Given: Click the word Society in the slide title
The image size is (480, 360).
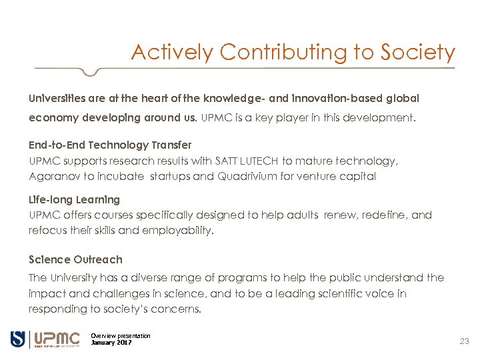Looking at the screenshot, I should pos(417,52).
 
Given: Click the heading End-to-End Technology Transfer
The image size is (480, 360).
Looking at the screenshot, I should pos(110,145).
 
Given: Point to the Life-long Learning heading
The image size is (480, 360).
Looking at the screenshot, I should pos(74,199).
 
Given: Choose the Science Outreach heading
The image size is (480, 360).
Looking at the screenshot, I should pos(75,259).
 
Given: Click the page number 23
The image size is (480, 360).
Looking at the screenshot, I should pos(464,341).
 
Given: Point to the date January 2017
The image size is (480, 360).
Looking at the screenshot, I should pos(111,343).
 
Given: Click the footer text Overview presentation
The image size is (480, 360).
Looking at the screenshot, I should pos(121,336).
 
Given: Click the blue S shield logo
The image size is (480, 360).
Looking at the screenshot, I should pos(18,339).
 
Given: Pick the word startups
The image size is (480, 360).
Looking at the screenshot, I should pos(171,177).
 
